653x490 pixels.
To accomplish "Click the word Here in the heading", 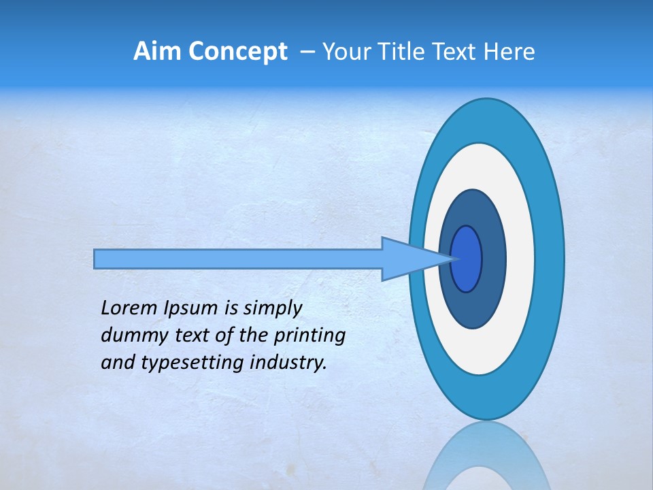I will pyautogui.click(x=509, y=52).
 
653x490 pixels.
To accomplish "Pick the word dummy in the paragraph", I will pyautogui.click(x=130, y=336).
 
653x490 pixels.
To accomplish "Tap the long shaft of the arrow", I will pyautogui.click(x=238, y=259).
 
